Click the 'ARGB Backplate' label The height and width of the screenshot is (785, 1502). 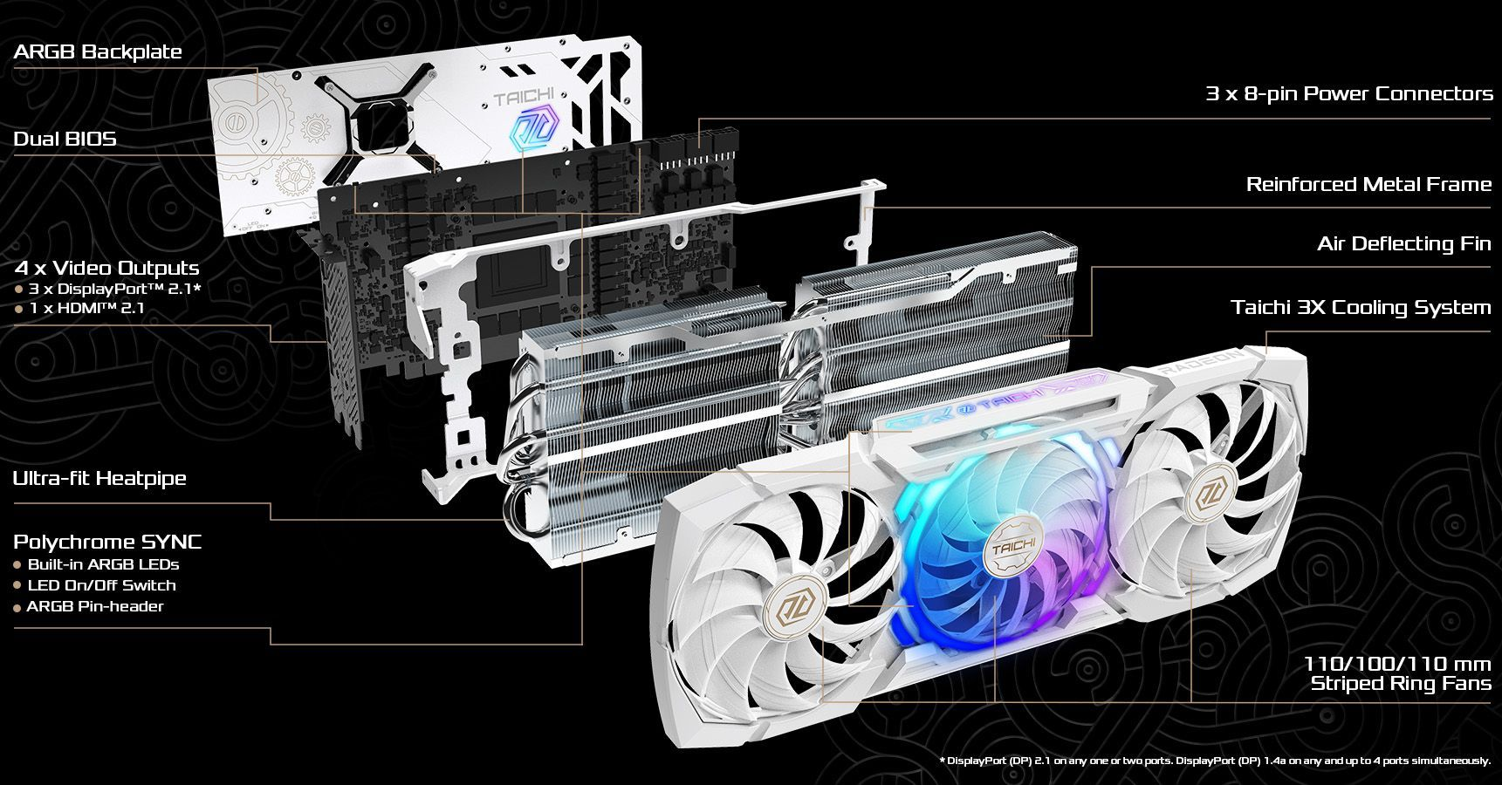click(98, 51)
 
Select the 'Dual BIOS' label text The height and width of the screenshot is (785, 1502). click(65, 139)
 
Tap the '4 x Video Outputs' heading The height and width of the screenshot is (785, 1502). click(106, 268)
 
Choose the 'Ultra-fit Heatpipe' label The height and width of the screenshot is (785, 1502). click(99, 478)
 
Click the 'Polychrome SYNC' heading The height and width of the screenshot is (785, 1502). click(107, 542)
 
